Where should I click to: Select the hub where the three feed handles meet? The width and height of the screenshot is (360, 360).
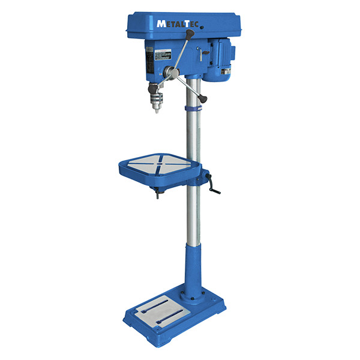tap(172, 73)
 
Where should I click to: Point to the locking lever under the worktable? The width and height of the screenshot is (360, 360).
tap(158, 192)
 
